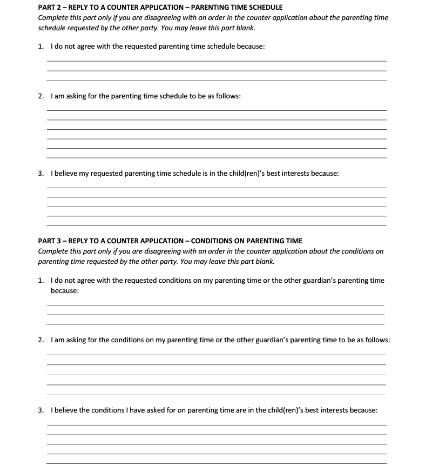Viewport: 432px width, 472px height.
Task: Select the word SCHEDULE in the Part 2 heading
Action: [265, 8]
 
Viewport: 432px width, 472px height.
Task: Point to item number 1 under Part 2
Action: [41, 46]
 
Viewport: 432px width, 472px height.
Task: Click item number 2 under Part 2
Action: [41, 96]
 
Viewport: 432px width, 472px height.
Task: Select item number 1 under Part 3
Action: [41, 281]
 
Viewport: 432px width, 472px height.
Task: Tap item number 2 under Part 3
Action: [41, 340]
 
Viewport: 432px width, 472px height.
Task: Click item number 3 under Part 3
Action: [41, 410]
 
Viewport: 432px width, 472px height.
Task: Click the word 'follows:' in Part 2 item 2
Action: [228, 96]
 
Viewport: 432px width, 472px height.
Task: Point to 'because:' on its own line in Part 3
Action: [65, 291]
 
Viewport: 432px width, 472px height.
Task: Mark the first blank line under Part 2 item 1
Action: [217, 61]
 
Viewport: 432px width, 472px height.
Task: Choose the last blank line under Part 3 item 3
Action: [217, 463]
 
